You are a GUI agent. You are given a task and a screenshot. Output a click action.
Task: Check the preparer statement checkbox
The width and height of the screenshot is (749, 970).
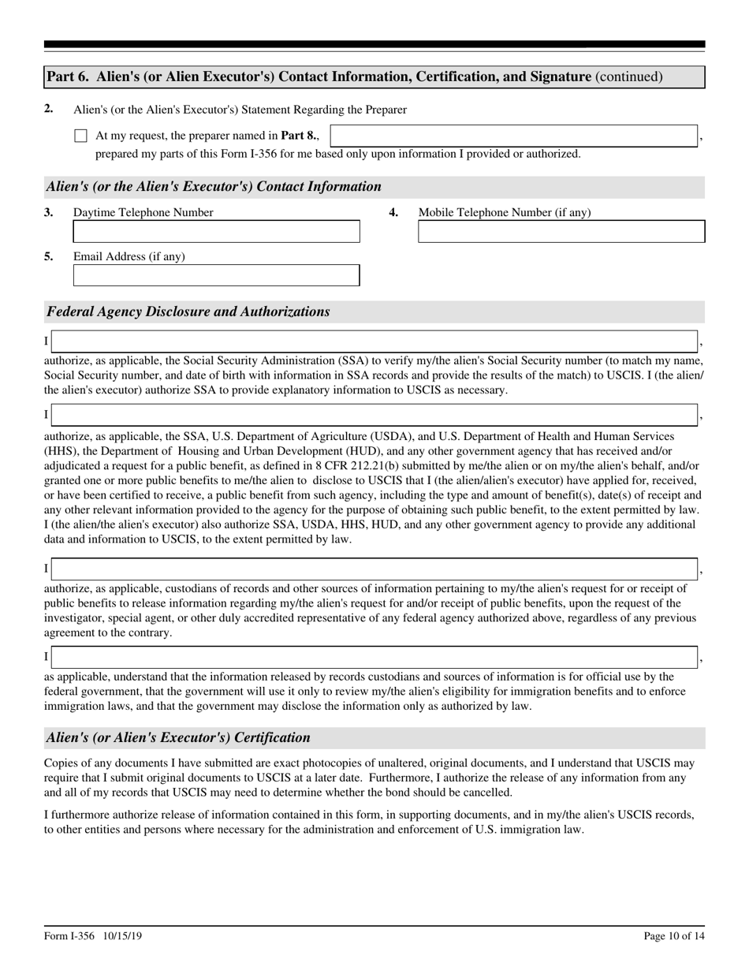coord(80,136)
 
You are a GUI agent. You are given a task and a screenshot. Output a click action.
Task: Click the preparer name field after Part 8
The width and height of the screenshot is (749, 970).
coord(513,136)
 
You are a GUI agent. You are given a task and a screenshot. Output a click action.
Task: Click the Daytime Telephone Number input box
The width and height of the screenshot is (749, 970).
coord(216,232)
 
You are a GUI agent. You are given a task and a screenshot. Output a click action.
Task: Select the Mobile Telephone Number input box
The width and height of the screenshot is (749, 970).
coord(561,232)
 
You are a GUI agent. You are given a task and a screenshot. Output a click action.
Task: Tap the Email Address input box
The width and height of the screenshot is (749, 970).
coord(216,276)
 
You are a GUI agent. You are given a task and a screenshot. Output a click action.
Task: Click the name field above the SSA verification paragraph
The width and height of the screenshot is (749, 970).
coord(374,341)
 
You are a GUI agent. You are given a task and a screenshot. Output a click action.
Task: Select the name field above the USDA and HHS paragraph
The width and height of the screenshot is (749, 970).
coord(374,415)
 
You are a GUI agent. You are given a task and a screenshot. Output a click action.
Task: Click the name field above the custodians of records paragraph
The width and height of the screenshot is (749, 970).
coord(374,569)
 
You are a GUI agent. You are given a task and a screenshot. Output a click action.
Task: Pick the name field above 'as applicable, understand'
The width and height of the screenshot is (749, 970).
coord(374,657)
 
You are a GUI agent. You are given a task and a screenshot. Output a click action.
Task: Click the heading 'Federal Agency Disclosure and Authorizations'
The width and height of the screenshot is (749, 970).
coord(188,312)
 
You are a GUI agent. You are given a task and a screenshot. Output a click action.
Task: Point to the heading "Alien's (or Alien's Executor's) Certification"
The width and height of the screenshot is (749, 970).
coord(179,738)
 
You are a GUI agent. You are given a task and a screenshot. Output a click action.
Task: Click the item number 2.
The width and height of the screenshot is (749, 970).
coord(49,109)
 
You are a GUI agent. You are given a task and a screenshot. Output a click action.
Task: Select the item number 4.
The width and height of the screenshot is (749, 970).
coord(393,212)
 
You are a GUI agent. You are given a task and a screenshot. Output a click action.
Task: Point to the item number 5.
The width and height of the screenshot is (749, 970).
coord(49,256)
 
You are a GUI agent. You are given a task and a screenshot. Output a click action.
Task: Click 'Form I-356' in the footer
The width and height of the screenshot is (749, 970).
coord(69,936)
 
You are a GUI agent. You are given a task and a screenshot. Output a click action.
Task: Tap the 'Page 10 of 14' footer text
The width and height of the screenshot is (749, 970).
coord(673,936)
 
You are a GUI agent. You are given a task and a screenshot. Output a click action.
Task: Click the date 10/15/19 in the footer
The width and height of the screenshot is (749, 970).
coord(121,936)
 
